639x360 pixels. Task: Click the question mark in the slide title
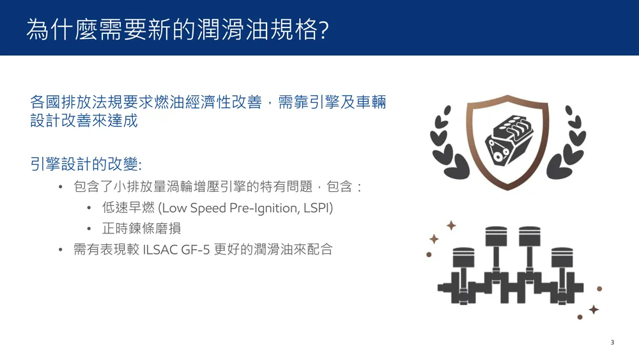[x=324, y=30]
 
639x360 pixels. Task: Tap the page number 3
[x=612, y=343]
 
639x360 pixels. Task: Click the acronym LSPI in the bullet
[x=318, y=208]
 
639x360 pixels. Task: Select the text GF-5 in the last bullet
[x=195, y=249]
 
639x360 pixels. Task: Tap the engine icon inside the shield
[x=509, y=139]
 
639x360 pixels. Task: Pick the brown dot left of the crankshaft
[x=429, y=254]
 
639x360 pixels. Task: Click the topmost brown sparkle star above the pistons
[x=451, y=226]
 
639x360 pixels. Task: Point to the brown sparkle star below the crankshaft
[x=594, y=310]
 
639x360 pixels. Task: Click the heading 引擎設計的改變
[x=84, y=164]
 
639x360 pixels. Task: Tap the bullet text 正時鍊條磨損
[x=141, y=229]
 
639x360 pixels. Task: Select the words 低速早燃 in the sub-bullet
[x=128, y=208]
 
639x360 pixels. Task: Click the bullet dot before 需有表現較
[x=60, y=249]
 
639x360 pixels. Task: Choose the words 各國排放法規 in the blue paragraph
[x=76, y=102]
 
